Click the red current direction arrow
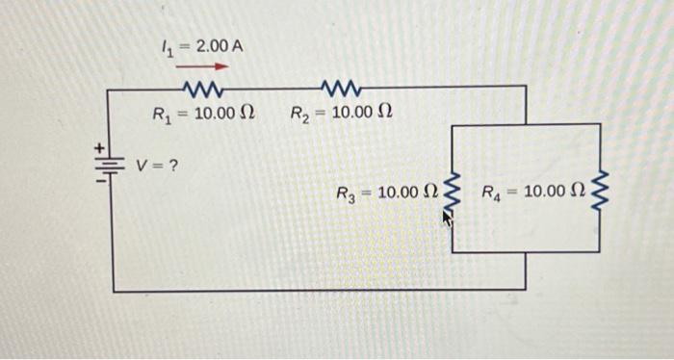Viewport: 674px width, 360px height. point(202,67)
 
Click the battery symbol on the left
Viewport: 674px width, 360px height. point(114,164)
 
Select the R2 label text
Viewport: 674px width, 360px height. point(299,115)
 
